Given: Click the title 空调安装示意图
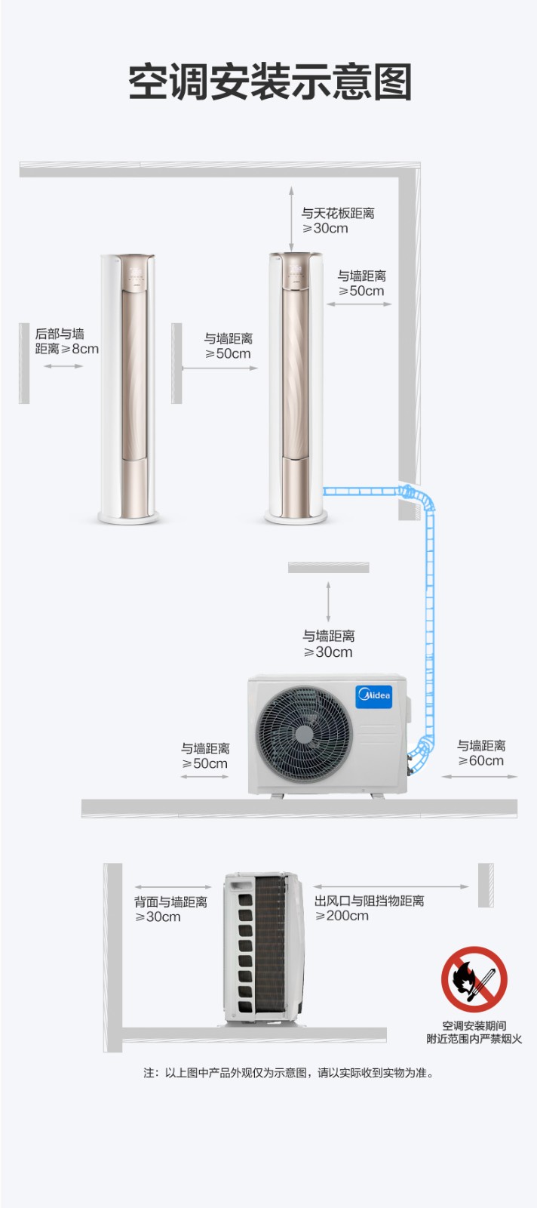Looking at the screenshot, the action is tap(270, 82).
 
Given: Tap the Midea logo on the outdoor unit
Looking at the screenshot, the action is tap(374, 695).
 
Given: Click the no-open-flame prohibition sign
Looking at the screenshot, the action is tap(474, 979).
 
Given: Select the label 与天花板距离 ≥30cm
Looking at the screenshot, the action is tap(338, 220).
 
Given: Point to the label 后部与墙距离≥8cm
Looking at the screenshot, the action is tap(67, 341).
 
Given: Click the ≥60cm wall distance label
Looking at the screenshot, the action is tap(481, 753).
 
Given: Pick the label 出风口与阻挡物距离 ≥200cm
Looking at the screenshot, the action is tap(369, 908).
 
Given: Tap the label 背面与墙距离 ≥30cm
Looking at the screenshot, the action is tap(170, 909).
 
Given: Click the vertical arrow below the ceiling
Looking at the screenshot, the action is tap(291, 219).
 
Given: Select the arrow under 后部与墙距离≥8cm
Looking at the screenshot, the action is tap(63, 366).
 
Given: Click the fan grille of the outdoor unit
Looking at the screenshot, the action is tap(304, 734).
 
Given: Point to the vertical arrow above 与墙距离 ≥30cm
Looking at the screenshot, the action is tap(328, 602).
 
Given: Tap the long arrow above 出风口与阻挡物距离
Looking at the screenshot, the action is tap(391, 886).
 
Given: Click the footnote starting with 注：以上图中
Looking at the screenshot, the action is tap(289, 1073).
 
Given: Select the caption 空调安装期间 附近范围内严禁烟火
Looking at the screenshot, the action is tap(474, 1032).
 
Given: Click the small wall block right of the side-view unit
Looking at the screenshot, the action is tap(486, 885).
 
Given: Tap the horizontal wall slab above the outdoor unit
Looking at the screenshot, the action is tap(329, 567).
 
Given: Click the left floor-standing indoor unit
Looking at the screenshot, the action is tap(128, 388).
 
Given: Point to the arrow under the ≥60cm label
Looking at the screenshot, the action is tap(480, 777).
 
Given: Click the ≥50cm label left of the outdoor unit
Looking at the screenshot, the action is tap(204, 756).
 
